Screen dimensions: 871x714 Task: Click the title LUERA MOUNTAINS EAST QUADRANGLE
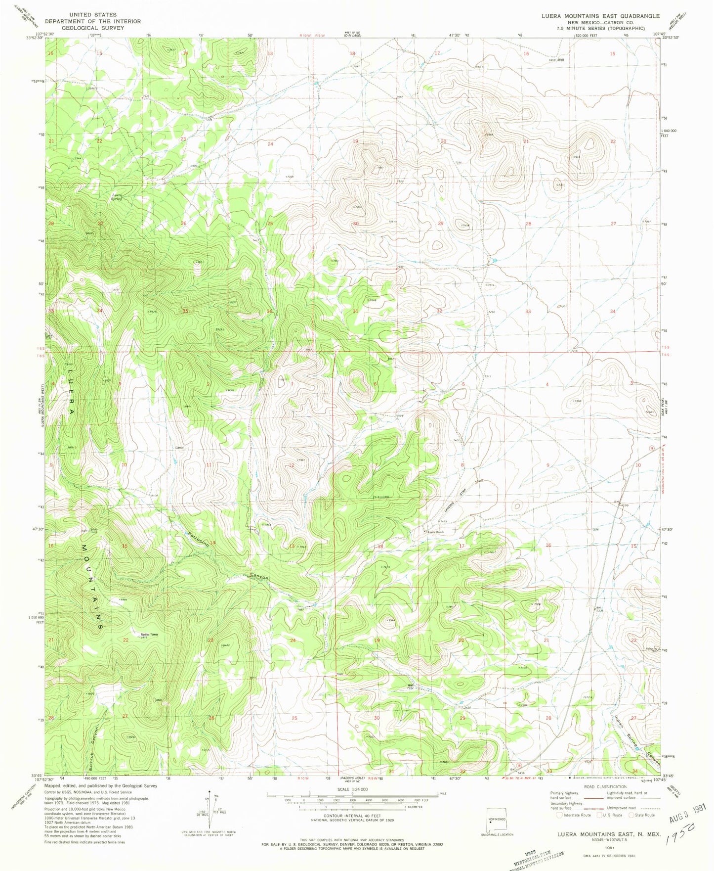(600, 16)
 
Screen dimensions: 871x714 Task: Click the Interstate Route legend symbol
(560, 815)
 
